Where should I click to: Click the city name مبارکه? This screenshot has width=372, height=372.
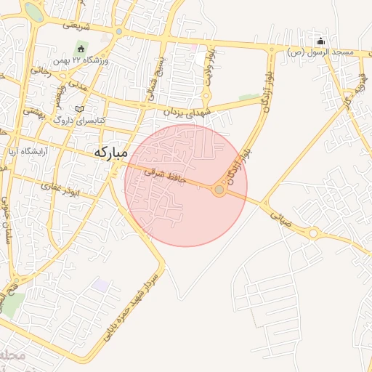click(110, 153)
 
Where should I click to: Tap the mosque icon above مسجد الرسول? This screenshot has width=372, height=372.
click(320, 41)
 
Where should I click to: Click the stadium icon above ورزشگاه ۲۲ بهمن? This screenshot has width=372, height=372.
click(82, 49)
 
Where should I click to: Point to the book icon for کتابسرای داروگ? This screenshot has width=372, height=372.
click(80, 108)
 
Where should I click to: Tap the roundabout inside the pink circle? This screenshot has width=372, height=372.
click(219, 190)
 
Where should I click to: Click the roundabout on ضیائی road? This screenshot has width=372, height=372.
click(313, 233)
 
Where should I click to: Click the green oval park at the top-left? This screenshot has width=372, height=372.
click(33, 10)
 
